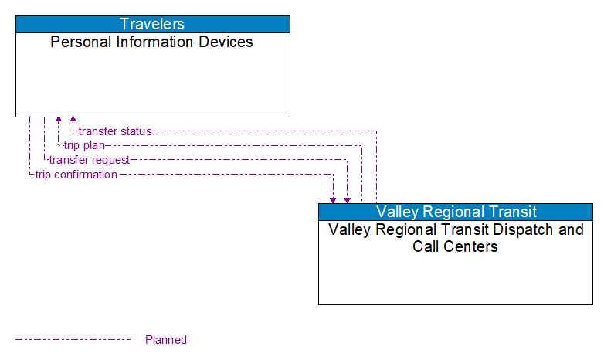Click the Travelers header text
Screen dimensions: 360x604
tap(152, 24)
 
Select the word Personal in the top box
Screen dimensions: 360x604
tap(79, 42)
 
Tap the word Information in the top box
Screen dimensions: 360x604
tap(158, 42)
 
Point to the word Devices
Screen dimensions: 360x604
tap(227, 42)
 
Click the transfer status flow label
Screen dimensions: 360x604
tap(115, 131)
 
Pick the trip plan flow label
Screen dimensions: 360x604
tap(84, 145)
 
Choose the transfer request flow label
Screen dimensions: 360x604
tap(89, 160)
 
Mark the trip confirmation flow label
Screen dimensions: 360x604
tap(76, 175)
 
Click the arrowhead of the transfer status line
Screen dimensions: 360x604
tap(73, 121)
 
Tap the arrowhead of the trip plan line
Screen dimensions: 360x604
tap(58, 121)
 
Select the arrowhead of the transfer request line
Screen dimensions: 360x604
tap(348, 199)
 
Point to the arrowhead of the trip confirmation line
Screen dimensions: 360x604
tap(333, 199)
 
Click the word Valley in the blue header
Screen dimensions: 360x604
tap(397, 212)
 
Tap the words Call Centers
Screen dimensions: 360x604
tap(455, 247)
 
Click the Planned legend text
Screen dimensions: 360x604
tap(166, 340)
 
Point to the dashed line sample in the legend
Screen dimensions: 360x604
tap(73, 340)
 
